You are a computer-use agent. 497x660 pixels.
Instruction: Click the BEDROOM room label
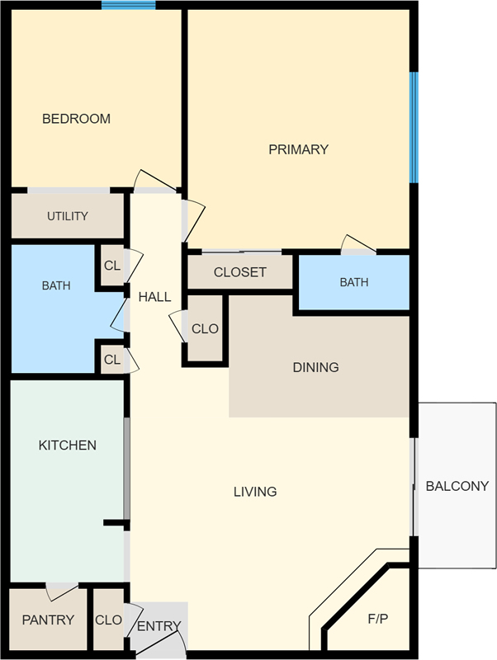76,119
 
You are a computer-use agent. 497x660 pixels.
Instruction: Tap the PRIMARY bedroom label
299,149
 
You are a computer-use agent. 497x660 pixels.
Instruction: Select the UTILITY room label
68,216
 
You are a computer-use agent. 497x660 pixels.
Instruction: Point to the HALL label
154,297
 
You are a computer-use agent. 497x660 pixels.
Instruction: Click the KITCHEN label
68,445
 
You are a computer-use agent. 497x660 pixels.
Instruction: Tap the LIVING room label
255,491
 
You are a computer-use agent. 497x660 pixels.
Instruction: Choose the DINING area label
316,367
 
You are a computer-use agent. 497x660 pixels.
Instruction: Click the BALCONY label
457,486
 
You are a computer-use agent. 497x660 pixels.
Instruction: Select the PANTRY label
48,620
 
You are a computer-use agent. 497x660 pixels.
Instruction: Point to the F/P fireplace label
378,619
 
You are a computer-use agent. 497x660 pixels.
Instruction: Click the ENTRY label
159,626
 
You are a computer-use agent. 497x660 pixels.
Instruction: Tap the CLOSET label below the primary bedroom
240,272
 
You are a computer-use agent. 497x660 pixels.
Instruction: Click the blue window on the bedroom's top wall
129,5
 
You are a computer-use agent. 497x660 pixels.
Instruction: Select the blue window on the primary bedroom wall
414,128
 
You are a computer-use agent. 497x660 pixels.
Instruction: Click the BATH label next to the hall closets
56,285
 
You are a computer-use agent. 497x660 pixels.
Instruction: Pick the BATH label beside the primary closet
354,282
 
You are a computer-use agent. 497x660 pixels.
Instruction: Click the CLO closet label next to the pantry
108,620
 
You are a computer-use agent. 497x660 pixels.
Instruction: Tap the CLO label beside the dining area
205,328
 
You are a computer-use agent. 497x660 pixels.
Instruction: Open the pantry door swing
61,592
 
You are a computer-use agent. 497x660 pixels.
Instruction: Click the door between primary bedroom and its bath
358,244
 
